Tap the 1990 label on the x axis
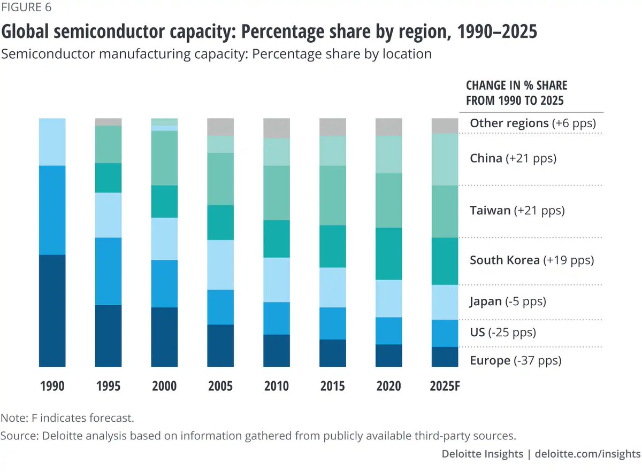(x=52, y=386)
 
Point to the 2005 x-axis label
(x=220, y=386)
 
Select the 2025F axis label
(x=445, y=386)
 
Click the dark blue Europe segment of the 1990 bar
(x=52, y=310)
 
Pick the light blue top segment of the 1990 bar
(x=52, y=142)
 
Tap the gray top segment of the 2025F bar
(x=445, y=126)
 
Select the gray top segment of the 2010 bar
(x=277, y=128)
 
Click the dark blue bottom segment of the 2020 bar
(x=388, y=355)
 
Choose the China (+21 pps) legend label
(x=513, y=158)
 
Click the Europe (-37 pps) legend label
(x=515, y=361)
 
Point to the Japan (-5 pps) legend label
(x=508, y=301)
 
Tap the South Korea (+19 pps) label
(x=532, y=260)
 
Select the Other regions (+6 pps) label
(x=532, y=123)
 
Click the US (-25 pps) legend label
(x=503, y=332)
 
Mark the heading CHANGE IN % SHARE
(x=516, y=86)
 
